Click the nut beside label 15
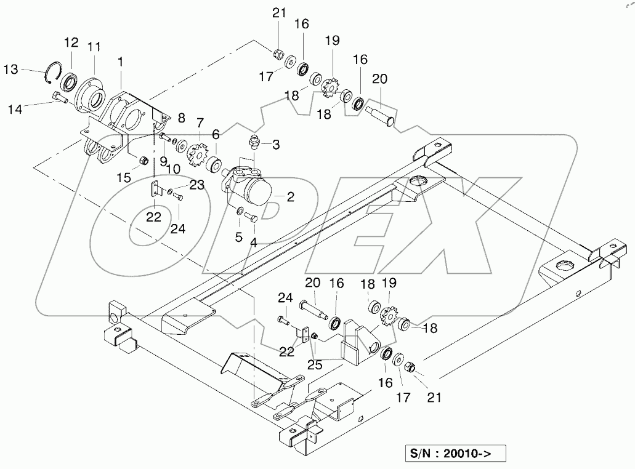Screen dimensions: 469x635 [x=144, y=161]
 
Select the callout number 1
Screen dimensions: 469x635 [x=121, y=62]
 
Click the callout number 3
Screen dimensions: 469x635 [x=277, y=145]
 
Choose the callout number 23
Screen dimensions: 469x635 [x=196, y=184]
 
